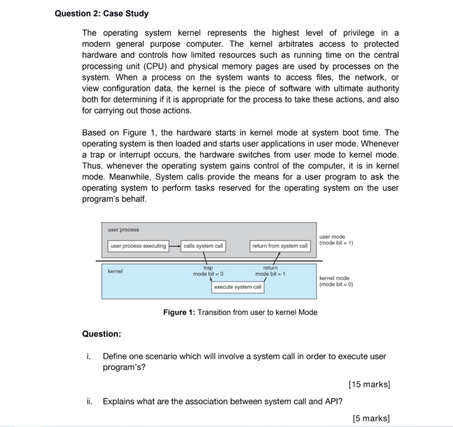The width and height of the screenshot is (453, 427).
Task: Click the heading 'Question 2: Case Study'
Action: [x=101, y=14]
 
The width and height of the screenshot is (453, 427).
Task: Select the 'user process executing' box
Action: [x=139, y=246]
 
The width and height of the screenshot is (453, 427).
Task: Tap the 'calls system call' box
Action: [x=203, y=246]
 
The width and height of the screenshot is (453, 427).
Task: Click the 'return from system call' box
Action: [x=280, y=246]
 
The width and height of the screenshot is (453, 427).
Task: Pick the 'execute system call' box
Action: [x=237, y=287]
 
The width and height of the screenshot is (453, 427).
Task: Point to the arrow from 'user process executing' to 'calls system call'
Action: [x=175, y=246]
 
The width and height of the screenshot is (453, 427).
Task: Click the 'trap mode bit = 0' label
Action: [x=208, y=271]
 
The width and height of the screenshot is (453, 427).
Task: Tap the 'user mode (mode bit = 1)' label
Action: [x=336, y=239]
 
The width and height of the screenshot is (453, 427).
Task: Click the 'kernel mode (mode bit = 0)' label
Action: [x=336, y=281]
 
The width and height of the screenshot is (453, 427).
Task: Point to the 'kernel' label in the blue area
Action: [x=115, y=272]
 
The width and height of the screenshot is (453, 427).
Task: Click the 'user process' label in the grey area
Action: [x=123, y=230]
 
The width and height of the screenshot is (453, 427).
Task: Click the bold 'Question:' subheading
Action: [x=101, y=334]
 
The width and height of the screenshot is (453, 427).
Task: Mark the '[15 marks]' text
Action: [x=369, y=384]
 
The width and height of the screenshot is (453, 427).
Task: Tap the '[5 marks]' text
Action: [x=371, y=418]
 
